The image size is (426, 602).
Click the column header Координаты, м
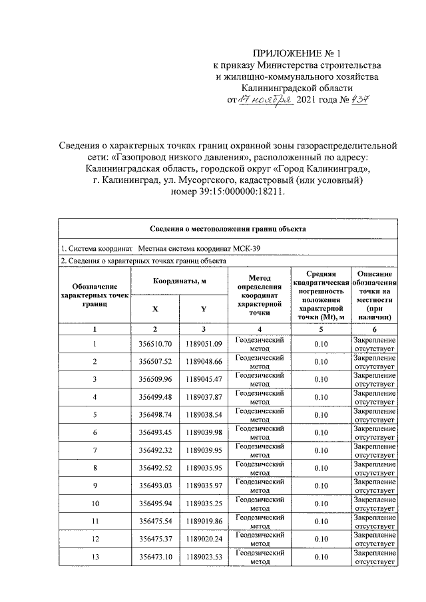(179, 281)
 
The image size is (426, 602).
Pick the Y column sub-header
(204, 309)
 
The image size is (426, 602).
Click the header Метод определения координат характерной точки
(259, 295)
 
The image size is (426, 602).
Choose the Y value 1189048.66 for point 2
(204, 361)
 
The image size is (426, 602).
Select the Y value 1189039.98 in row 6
(204, 433)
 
